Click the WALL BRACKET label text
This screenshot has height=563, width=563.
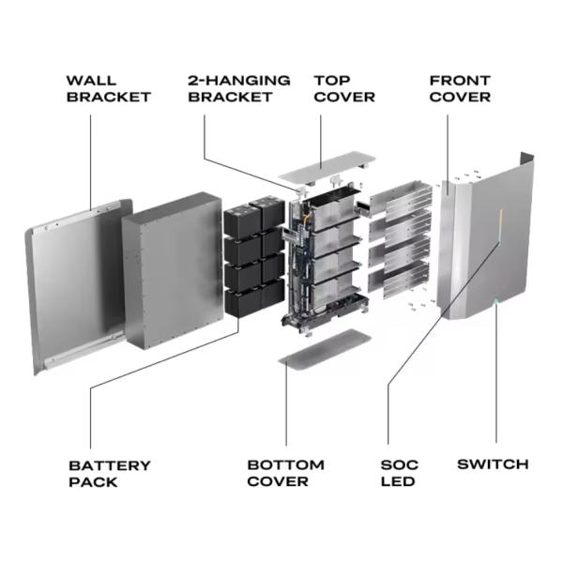coord(108,88)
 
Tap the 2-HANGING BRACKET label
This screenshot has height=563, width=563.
coord(239,88)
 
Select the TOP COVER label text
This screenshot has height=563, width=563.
coord(344,88)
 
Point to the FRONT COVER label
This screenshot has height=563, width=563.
coord(460,88)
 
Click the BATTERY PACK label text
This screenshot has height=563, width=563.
coord(110,473)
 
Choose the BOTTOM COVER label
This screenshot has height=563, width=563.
coord(285,473)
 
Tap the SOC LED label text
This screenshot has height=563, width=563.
coord(400,473)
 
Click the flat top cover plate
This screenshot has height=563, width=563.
coord(325,166)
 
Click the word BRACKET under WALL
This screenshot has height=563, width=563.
coord(108,97)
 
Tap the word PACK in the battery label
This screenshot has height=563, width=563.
coord(93,481)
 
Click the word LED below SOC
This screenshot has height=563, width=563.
coord(399,481)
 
